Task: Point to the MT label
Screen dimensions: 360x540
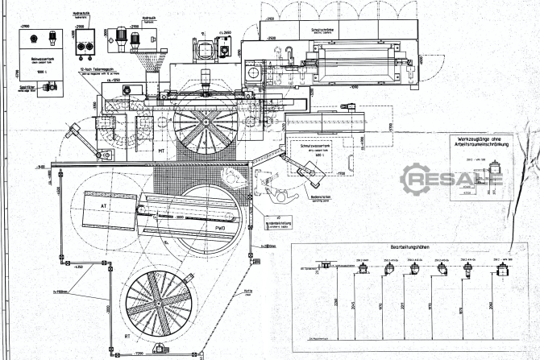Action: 162,150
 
